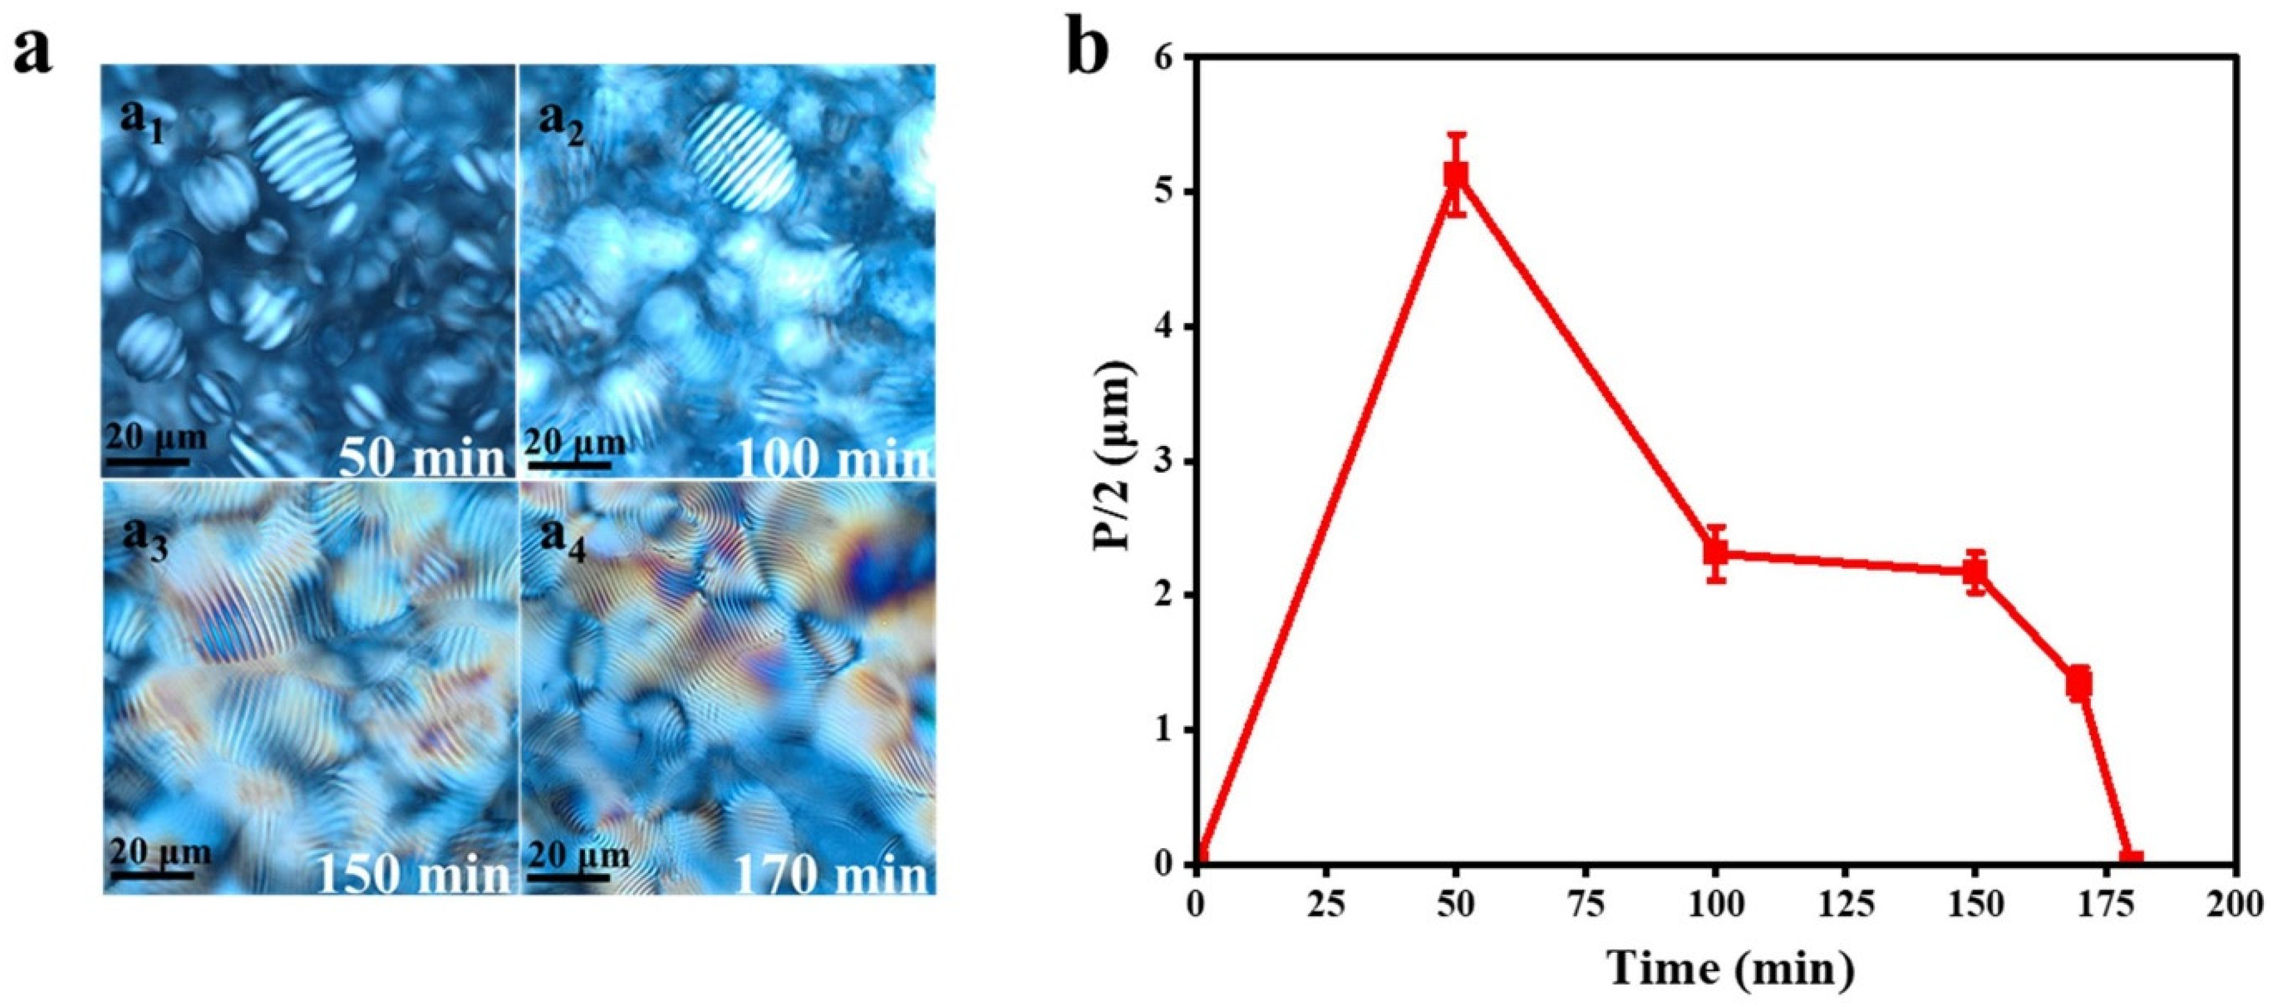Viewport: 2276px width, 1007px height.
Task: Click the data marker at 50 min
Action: click(1456, 175)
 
